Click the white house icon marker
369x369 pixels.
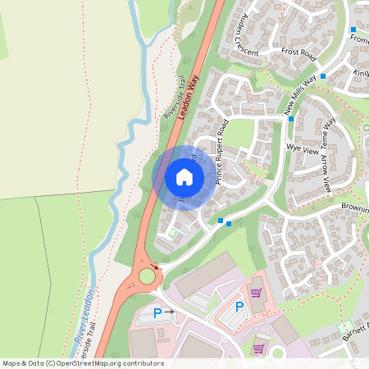(x=184, y=176)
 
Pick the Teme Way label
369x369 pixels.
(x=329, y=134)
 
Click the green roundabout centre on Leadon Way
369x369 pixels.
(x=147, y=276)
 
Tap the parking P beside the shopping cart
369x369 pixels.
(x=239, y=307)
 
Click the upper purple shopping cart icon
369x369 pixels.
(x=256, y=292)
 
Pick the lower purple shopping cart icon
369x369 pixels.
(x=260, y=348)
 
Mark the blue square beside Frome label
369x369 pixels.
(x=353, y=30)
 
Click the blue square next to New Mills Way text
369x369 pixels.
(x=323, y=76)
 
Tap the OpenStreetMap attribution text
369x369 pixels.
(x=83, y=363)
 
